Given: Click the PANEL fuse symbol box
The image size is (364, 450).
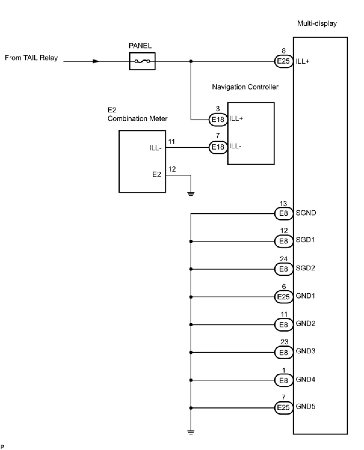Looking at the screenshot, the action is coord(142,61).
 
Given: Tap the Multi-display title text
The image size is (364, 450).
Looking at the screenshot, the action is coord(317,23).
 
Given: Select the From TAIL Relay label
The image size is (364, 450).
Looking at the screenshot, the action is coord(31,58).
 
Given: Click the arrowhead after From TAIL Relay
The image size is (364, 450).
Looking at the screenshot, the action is coord(96,61).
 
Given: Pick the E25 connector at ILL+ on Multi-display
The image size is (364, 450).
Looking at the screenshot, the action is coord(283,61).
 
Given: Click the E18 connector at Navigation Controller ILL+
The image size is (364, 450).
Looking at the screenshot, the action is coord(218,120).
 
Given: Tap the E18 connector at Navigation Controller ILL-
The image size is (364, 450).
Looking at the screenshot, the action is coord(218,147).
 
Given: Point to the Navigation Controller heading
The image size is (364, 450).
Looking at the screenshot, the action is coord(245,87).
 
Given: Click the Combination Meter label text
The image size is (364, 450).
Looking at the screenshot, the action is coord(137,119).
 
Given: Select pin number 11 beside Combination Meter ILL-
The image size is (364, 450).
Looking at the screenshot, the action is coord(171,141).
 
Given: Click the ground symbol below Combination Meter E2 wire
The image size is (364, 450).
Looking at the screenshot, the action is coord(191,193).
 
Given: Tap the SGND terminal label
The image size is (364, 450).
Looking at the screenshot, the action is coord(306,213).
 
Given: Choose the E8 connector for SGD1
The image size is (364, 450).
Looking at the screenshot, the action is coord(283,241).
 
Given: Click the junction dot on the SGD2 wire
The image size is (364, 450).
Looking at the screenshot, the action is coord(191,269).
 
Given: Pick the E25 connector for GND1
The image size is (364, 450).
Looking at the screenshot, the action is coord(283,297).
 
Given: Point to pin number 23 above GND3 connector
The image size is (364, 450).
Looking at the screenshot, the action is coord(284,342).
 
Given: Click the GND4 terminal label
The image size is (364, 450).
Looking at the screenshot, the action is coord(305,380).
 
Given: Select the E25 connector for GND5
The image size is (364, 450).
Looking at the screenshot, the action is coord(283,408).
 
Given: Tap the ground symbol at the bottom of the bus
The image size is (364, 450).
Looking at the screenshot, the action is coord(191,432).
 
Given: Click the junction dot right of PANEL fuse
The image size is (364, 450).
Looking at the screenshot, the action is coord(191,61).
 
